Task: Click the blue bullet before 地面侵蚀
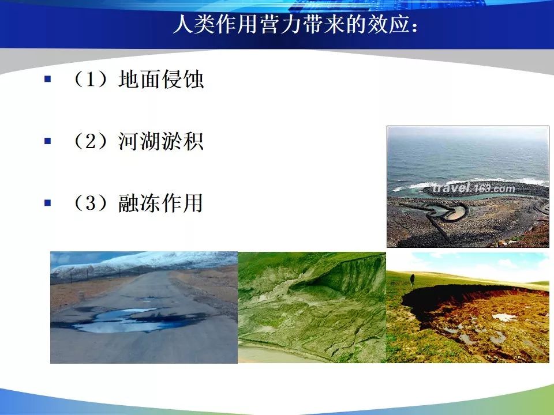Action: (x=48, y=79)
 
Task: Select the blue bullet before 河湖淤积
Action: (x=48, y=141)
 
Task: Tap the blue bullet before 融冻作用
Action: (x=48, y=203)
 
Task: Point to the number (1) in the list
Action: (x=91, y=79)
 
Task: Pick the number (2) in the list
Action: (x=91, y=141)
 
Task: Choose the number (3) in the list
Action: (x=91, y=203)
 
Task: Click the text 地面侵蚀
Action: (x=161, y=79)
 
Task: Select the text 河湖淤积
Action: (x=161, y=141)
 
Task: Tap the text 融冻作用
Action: (x=161, y=203)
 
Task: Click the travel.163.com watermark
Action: (x=473, y=188)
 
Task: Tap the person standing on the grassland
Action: (x=412, y=280)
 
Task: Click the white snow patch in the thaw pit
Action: (x=504, y=317)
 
